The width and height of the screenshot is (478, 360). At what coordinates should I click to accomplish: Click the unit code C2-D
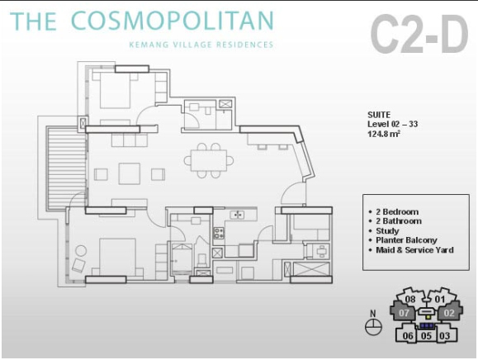(419, 34)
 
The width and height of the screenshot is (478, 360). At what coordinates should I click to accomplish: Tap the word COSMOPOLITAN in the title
(173, 21)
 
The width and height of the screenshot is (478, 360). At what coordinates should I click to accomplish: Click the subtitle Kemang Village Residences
(201, 45)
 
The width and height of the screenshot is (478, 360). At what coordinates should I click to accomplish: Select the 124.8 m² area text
(384, 134)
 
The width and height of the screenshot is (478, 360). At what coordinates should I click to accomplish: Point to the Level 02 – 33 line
(392, 124)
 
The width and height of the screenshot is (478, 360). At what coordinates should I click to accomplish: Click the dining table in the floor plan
(209, 160)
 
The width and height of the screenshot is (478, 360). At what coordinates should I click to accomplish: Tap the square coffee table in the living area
(130, 173)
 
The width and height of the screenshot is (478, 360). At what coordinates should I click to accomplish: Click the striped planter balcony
(66, 168)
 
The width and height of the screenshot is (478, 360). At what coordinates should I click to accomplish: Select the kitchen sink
(237, 215)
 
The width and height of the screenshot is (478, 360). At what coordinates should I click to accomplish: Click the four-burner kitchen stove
(219, 233)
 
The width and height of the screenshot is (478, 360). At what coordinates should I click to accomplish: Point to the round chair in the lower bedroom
(81, 251)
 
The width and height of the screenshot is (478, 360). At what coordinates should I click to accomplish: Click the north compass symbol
(373, 327)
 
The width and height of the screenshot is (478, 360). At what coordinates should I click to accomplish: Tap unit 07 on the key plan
(404, 313)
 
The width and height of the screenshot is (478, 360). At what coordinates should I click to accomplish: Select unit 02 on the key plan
(449, 313)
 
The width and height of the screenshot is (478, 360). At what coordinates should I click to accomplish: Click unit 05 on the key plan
(426, 335)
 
